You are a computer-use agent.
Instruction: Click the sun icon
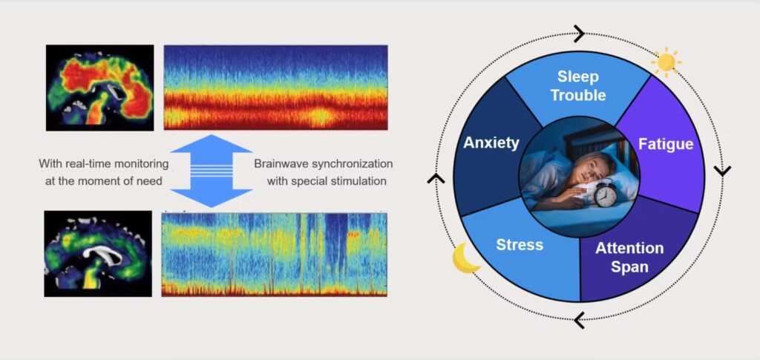666,61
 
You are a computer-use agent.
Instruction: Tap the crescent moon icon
465,258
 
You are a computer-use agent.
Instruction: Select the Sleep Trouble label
578,86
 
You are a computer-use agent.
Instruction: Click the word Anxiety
491,143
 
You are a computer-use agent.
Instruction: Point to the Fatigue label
666,145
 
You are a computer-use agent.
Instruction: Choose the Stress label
520,245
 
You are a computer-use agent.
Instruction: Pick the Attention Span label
629,258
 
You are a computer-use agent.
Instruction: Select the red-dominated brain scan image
100,88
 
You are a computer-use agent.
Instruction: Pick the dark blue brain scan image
98,253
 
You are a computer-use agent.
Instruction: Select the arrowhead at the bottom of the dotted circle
579,320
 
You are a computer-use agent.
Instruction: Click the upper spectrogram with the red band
276,87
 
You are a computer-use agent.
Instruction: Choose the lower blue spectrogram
275,255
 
